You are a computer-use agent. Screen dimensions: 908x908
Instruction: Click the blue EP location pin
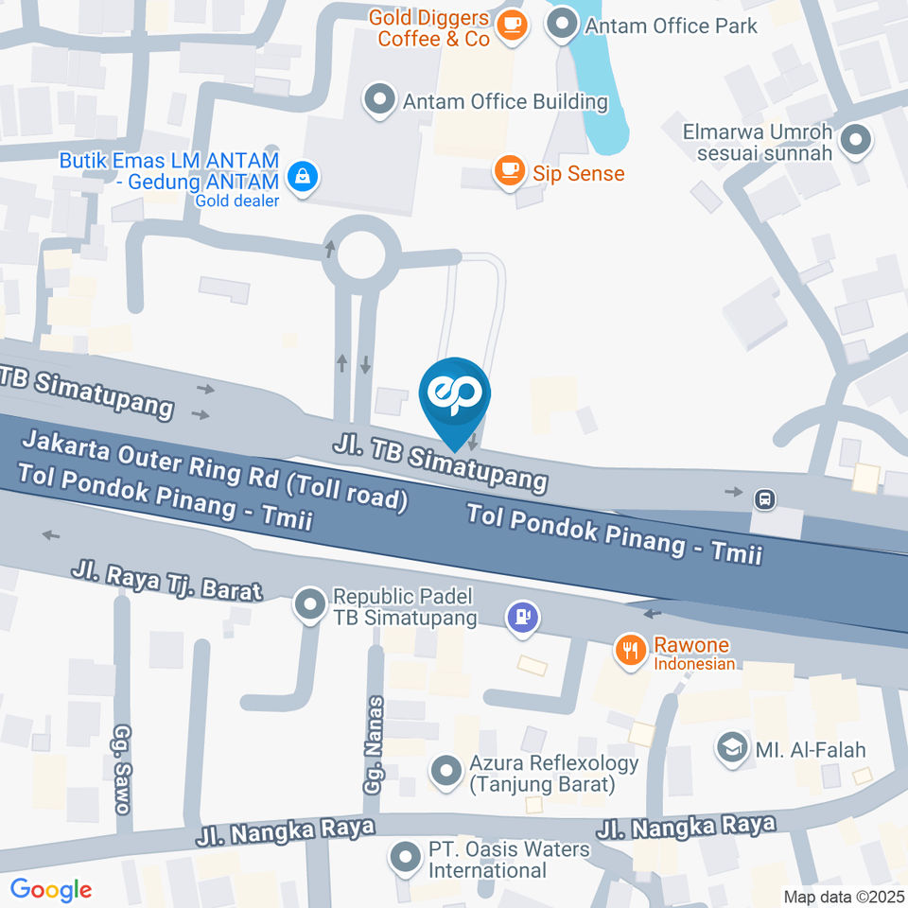coord(455,394)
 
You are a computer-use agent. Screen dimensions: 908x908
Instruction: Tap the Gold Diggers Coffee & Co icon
coord(513,26)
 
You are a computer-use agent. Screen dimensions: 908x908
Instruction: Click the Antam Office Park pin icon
coord(564,26)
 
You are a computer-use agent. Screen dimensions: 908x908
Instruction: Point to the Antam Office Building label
coord(504,101)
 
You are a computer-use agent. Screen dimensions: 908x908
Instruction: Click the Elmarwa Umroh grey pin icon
coord(856,141)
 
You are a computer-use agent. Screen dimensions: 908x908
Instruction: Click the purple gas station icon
coord(522,618)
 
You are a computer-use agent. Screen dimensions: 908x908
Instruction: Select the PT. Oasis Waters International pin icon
coord(407,858)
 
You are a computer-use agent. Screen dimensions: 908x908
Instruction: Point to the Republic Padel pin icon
coord(309,605)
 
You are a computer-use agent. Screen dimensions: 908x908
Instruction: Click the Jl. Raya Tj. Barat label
coord(166,581)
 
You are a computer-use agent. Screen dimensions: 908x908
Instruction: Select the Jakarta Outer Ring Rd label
coord(215,469)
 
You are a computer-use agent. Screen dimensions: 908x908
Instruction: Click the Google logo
coord(51,889)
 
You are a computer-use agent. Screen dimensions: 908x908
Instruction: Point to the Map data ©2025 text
coord(844,896)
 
